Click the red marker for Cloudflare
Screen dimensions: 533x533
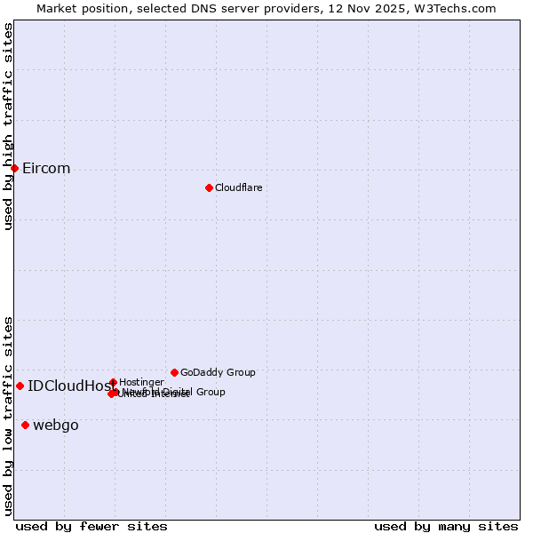pyautogui.click(x=209, y=187)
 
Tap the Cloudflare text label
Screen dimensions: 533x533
pyautogui.click(x=238, y=187)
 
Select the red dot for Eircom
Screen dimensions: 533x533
pyautogui.click(x=14, y=168)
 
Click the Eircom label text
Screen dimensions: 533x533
pyautogui.click(x=46, y=169)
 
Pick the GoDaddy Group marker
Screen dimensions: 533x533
pyautogui.click(x=174, y=372)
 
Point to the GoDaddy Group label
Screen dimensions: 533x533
pyautogui.click(x=218, y=372)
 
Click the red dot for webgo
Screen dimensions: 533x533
pyautogui.click(x=25, y=425)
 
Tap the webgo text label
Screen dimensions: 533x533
pyautogui.click(x=56, y=426)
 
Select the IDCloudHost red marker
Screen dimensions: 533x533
pyautogui.click(x=20, y=386)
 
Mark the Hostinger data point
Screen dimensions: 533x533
pyautogui.click(x=113, y=382)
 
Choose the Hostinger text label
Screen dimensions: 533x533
pyautogui.click(x=141, y=382)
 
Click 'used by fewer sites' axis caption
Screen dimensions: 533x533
pyautogui.click(x=91, y=526)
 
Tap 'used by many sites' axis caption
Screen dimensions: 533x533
pyautogui.click(x=446, y=526)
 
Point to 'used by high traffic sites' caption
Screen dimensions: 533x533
pyautogui.click(x=8, y=126)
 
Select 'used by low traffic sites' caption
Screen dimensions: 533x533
pyautogui.click(x=8, y=415)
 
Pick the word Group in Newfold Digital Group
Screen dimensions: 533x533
pyautogui.click(x=210, y=392)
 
